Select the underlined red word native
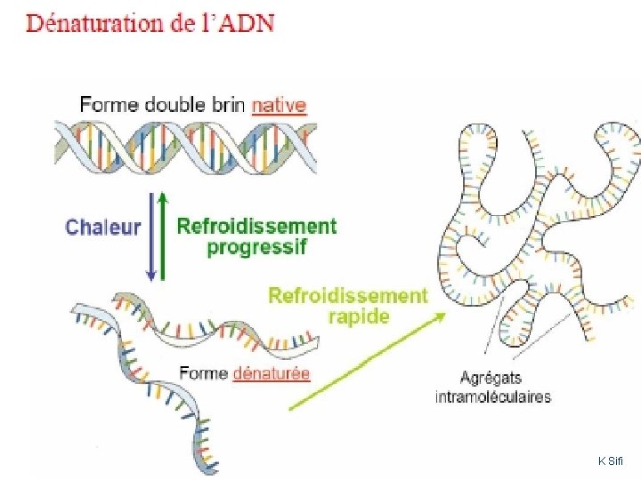click(x=279, y=104)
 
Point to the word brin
click(x=226, y=104)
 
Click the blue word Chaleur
click(x=103, y=227)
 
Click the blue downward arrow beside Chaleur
click(x=151, y=236)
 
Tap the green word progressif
click(x=256, y=247)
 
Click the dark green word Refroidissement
click(x=256, y=226)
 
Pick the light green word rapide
click(x=359, y=316)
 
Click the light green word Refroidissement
click(x=348, y=295)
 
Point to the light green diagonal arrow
click(x=365, y=360)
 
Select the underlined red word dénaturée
click(x=271, y=373)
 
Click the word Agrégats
click(x=492, y=377)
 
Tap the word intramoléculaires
click(x=492, y=396)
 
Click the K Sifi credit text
click(x=612, y=460)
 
